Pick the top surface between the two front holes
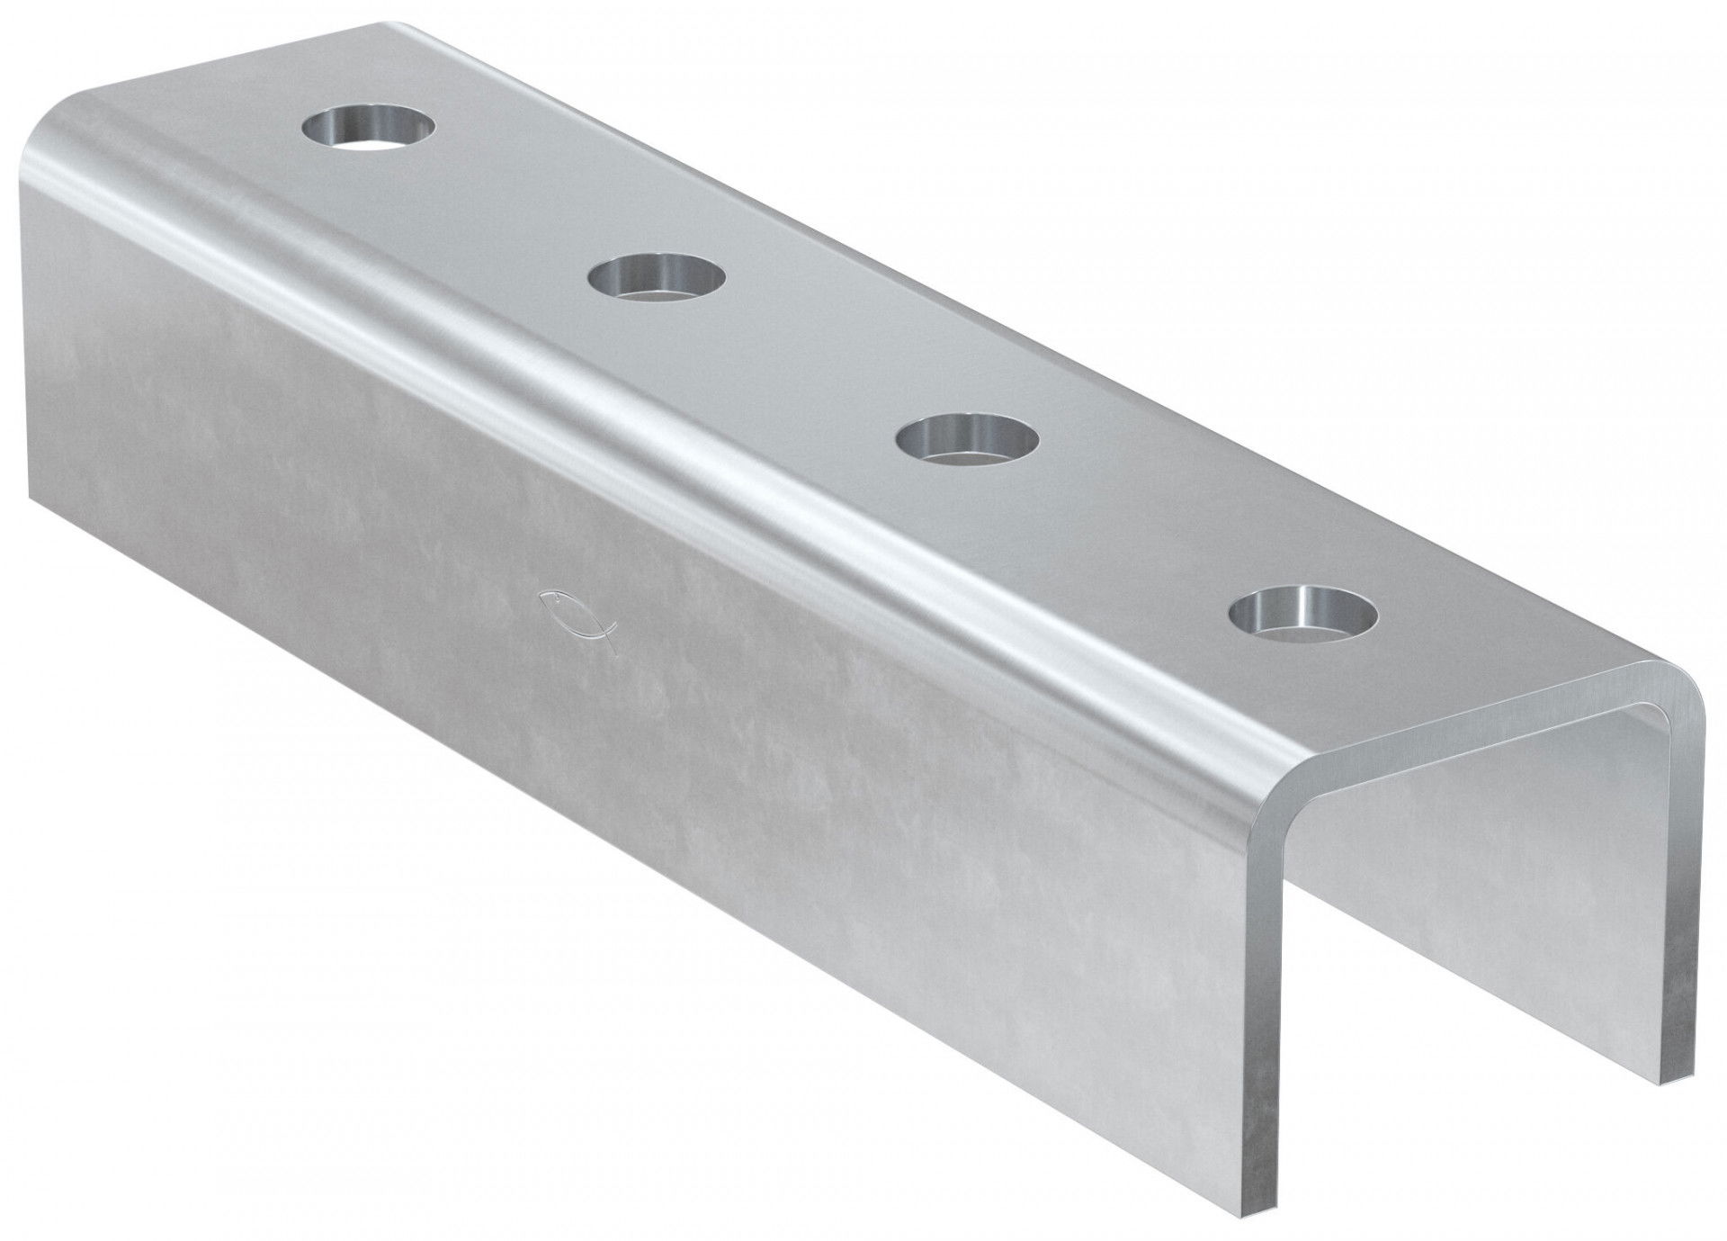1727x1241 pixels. click(1133, 529)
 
